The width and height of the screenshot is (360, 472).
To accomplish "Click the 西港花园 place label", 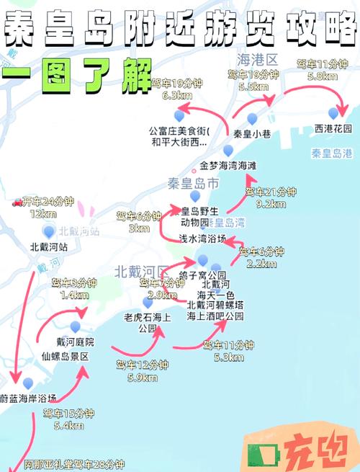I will click(x=333, y=129).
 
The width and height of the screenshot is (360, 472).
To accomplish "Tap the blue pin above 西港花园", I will click(x=333, y=113).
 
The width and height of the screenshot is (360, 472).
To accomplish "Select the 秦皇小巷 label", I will click(x=251, y=134).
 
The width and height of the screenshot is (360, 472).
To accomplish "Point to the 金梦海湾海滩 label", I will click(x=228, y=166).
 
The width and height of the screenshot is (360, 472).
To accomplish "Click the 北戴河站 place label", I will click(x=49, y=246).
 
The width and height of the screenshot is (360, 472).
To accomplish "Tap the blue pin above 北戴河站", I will click(x=49, y=231).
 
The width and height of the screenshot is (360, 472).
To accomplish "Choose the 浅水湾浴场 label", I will click(x=202, y=238).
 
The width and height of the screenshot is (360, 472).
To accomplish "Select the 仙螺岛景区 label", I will click(x=65, y=356).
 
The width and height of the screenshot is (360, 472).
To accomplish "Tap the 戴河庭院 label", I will click(x=75, y=342).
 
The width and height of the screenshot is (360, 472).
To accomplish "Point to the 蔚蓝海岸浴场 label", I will click(x=28, y=398).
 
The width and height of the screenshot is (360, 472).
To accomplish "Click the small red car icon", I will click(x=17, y=202).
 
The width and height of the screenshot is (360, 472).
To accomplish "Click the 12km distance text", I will click(x=42, y=214).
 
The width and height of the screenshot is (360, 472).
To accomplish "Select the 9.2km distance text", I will click(x=270, y=204).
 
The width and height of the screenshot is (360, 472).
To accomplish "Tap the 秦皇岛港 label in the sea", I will click(x=332, y=153).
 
